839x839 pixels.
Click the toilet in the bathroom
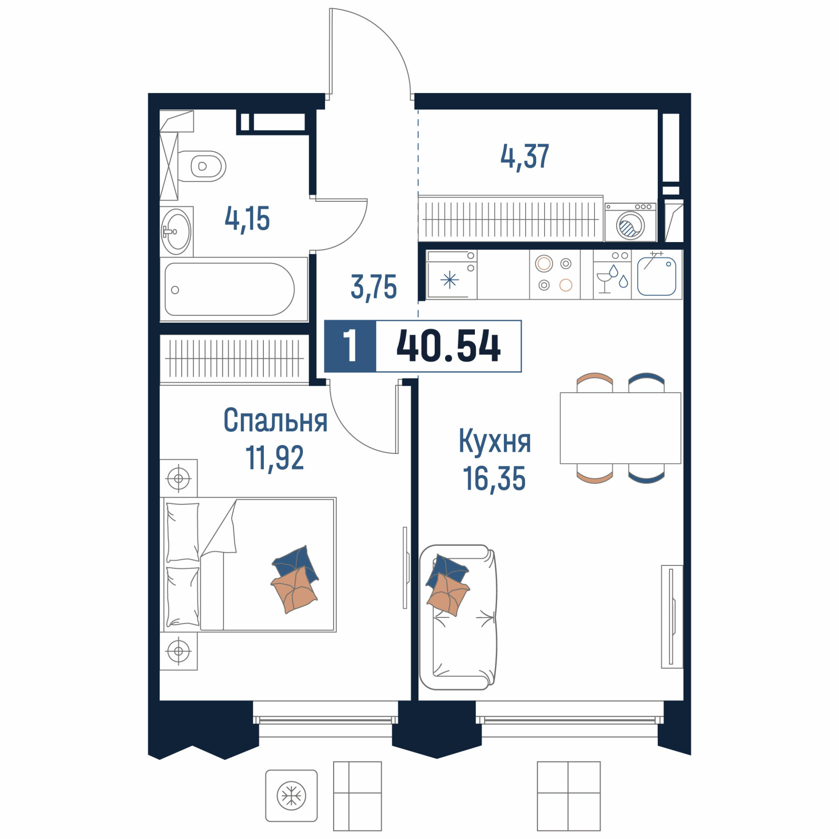click(202, 166)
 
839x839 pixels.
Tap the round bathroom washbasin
click(176, 232)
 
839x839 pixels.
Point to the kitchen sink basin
click(657, 276)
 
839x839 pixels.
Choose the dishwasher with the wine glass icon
click(612, 274)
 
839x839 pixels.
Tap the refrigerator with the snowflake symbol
click(451, 274)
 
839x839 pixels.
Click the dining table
click(620, 428)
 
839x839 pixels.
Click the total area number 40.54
click(448, 346)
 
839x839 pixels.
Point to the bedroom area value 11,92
click(274, 458)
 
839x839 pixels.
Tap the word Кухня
click(495, 441)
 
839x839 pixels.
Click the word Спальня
click(275, 420)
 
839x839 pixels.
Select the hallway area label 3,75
click(374, 287)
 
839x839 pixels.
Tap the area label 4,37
click(525, 157)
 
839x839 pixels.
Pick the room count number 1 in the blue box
click(350, 346)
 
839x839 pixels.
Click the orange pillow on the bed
click(294, 590)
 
